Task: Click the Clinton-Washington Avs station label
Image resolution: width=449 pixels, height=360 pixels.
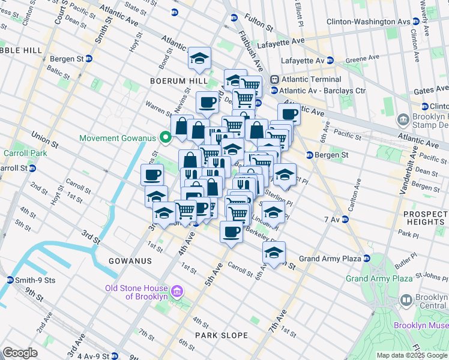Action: [x=368, y=22]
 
